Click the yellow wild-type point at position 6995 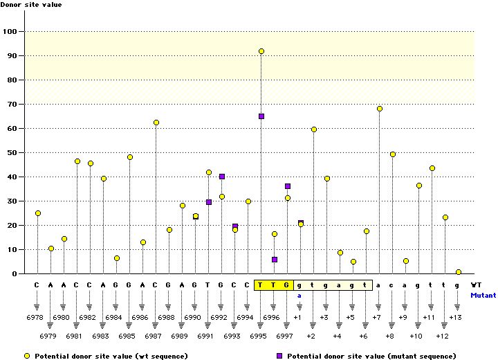pyautogui.click(x=261, y=51)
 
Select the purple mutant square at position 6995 pyautogui.click(x=261, y=116)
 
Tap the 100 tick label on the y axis pyautogui.click(x=12, y=32)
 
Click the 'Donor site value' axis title pyautogui.click(x=32, y=6)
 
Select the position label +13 pyautogui.click(x=455, y=317)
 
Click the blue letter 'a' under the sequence pyautogui.click(x=299, y=295)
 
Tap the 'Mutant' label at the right pyautogui.click(x=483, y=295)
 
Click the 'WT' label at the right pyautogui.click(x=476, y=285)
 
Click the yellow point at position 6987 pyautogui.click(x=156, y=123)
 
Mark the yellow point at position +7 pyautogui.click(x=380, y=109)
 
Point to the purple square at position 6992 pyautogui.click(x=222, y=177)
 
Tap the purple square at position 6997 pyautogui.click(x=288, y=186)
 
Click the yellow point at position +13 pyautogui.click(x=459, y=272)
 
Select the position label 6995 pyautogui.click(x=260, y=336)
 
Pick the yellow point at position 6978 pyautogui.click(x=38, y=213)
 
